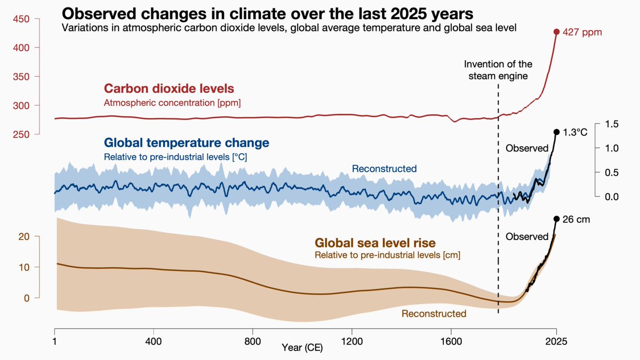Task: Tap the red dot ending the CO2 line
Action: coord(556,32)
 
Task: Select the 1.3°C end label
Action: coord(575,132)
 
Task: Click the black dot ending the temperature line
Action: coord(556,132)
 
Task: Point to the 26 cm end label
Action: coord(577,219)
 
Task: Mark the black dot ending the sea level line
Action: coord(556,219)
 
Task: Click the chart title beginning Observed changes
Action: coord(268,13)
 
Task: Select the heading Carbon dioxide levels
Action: coord(169,89)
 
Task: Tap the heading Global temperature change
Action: coord(186,143)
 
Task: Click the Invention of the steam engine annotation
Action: coord(498,70)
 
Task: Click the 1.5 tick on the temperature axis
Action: coord(612,124)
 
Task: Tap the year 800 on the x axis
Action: coord(252,340)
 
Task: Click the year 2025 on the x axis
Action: coord(556,340)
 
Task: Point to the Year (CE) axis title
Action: coord(302,348)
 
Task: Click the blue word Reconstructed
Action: coord(384,169)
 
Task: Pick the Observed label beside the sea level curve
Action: coord(527,236)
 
